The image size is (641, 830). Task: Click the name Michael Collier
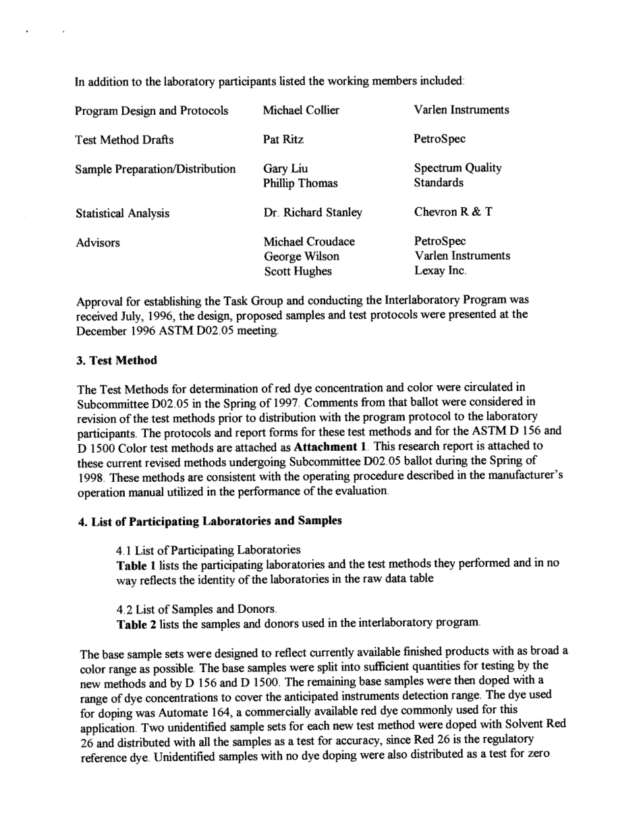(301, 110)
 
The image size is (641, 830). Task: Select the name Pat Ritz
(283, 140)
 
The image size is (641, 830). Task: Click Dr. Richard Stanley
(312, 213)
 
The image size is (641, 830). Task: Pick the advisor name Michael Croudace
(309, 242)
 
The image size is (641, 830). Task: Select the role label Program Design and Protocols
(151, 111)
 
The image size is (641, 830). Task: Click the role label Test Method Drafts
(124, 140)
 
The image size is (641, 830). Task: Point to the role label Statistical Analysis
(122, 213)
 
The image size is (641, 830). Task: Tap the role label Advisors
(97, 243)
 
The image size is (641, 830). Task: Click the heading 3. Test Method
(117, 360)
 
